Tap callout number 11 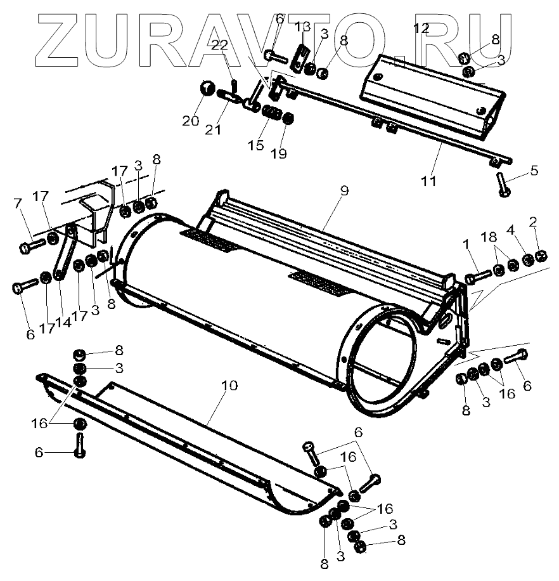(429, 181)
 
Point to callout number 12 (421, 28)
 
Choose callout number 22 (219, 44)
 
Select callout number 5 (534, 170)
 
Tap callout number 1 (466, 244)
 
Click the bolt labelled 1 (477, 277)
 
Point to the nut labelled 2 (541, 256)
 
